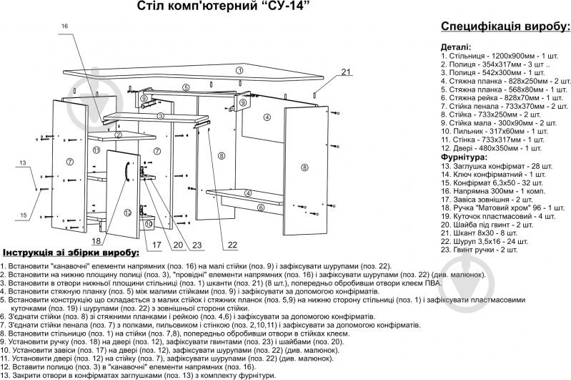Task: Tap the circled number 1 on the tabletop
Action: click(240, 70)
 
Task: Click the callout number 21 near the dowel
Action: click(346, 72)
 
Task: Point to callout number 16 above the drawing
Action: click(64, 26)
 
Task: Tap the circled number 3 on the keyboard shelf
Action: click(161, 115)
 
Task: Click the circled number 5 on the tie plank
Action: click(185, 87)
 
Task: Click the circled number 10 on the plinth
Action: click(148, 224)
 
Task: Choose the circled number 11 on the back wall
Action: click(96, 150)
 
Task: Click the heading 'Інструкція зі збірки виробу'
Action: click(70, 254)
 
